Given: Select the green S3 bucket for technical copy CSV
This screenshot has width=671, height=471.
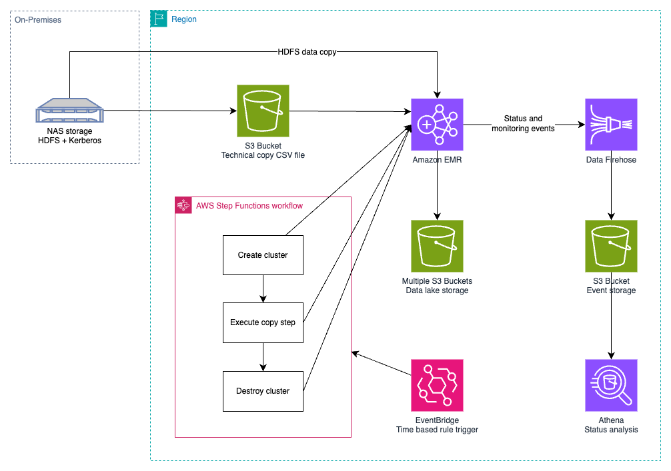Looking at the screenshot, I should pos(263,111).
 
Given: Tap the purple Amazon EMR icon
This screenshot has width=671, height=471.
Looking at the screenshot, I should pos(437,125).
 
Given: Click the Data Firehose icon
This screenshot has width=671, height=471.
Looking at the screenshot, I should pos(611,125).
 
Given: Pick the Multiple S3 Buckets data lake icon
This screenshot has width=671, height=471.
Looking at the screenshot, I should pos(437,246).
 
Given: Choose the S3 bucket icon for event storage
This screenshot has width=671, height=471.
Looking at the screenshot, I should pos(611,246).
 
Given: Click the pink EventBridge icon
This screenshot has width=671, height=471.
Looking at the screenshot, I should pos(437,386).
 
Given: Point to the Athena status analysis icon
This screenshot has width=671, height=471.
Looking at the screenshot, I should pos(611,386).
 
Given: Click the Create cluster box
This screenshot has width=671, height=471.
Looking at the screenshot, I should pos(263,255).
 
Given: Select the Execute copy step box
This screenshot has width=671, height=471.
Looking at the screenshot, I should pos(263,322).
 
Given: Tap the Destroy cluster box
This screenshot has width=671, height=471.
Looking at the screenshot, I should pos(263,391).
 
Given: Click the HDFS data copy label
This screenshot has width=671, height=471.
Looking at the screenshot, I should pos(307,52).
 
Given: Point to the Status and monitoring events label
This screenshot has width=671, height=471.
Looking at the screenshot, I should pos(523,124).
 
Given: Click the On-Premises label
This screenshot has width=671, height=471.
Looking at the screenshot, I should pos(38,20).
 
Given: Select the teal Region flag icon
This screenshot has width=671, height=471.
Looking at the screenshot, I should pos(159,19).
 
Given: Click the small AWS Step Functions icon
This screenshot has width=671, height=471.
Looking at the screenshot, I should pos(183,205).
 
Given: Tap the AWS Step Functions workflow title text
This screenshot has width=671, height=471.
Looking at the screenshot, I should pos(249,206).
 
